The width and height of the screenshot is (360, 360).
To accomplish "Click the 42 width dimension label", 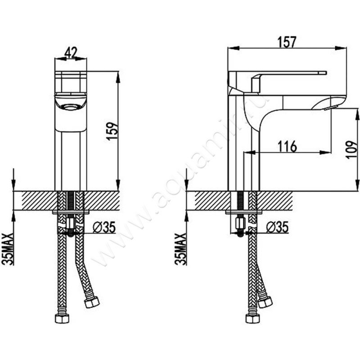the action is tap(71, 53).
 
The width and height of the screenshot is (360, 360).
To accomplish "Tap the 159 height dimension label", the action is tap(112, 131).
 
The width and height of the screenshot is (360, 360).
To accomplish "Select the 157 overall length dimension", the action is tap(287, 42).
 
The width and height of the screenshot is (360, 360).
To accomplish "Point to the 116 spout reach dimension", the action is tap(287, 147).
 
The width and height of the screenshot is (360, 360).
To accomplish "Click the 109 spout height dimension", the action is tap(352, 149).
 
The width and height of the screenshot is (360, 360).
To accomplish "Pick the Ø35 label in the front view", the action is tap(104, 228).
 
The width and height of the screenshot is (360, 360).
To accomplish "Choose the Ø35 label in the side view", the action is tap(277, 228).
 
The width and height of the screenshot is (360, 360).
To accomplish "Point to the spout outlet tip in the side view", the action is tap(329, 108).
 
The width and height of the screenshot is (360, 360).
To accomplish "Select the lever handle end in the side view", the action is tap(323, 73).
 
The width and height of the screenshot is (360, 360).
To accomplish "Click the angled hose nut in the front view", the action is tap(92, 302).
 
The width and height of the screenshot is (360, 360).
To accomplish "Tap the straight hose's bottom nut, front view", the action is tap(62, 319).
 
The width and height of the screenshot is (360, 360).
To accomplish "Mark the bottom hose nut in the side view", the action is tap(252, 319).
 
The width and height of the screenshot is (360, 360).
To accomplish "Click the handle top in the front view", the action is tap(71, 72).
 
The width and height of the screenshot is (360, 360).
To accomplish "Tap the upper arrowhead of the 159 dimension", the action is tap(118, 77).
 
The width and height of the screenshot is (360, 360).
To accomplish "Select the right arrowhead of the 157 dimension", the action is tap(341, 48).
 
